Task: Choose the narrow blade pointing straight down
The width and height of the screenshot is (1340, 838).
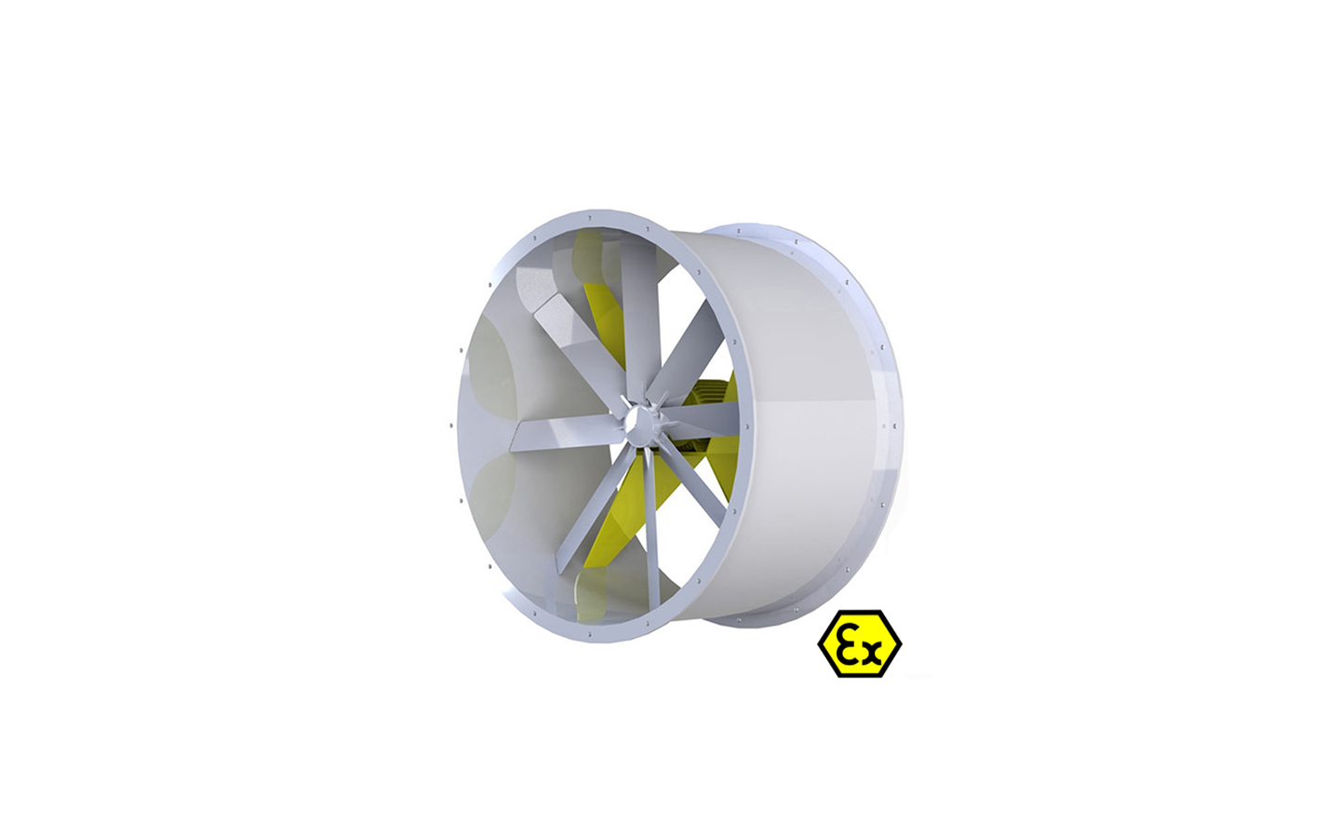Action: pos(650,531)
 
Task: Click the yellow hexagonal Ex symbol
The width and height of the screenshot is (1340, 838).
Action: pos(859,643)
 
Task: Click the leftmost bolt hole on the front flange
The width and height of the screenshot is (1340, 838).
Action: pos(452,426)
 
